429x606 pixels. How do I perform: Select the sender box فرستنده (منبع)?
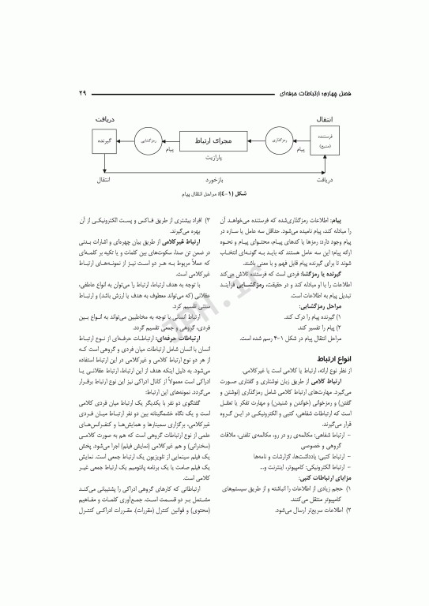click(325, 142)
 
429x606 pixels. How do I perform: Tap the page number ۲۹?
click(81, 94)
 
